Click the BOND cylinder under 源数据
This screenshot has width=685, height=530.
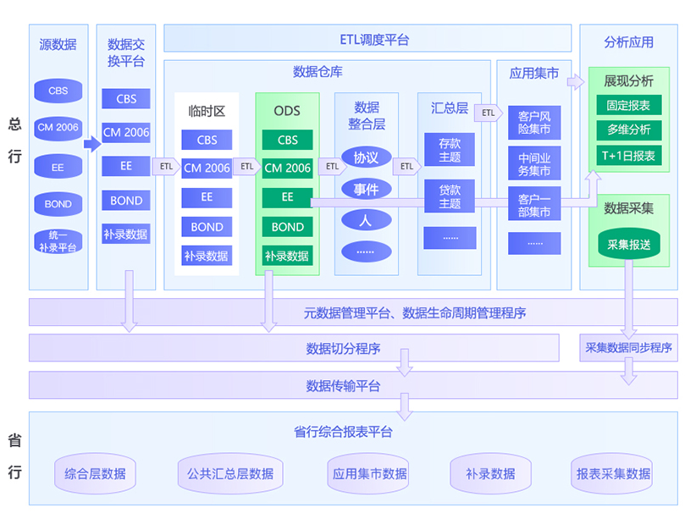pos(58,204)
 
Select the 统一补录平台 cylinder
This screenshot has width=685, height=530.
pos(58,241)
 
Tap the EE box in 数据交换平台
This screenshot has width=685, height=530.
pos(126,166)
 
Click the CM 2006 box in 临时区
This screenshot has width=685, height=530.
pos(207,168)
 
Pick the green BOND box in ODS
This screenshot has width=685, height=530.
pos(287,227)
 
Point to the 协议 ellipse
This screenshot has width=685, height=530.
pos(366,157)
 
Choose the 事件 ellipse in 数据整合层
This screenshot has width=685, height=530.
pos(366,189)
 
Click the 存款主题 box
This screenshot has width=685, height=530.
pos(450,150)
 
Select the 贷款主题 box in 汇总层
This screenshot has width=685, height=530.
pos(450,196)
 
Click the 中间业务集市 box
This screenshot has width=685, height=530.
pos(533,164)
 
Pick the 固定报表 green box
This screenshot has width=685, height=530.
pos(628,106)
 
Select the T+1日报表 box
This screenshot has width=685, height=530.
pos(628,155)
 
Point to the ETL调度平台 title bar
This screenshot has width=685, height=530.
pos(367,39)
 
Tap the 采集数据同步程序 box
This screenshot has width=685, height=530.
pos(628,347)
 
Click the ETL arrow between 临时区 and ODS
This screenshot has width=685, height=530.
pos(246,167)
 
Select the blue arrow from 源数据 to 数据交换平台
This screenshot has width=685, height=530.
pos(91,144)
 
